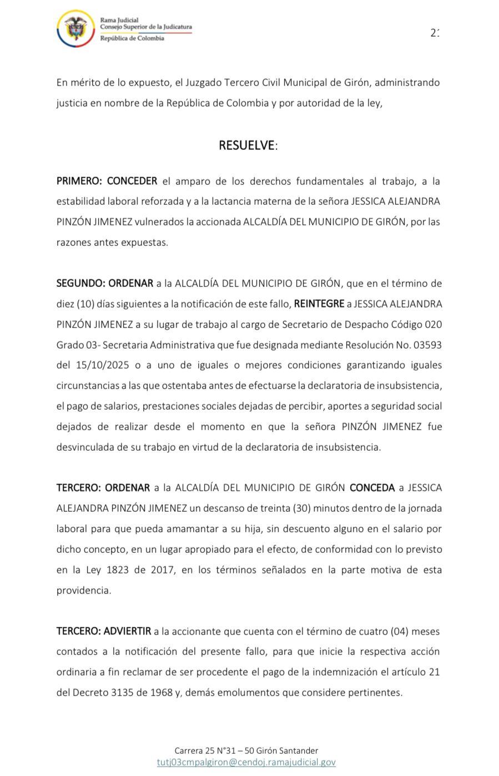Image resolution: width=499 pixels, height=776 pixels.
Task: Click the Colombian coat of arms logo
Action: [76, 29]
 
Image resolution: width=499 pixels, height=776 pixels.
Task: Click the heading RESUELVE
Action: [247, 145]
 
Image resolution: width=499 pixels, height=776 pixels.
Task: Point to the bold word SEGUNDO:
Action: [80, 283]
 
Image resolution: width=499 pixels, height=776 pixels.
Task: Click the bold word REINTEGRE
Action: [318, 304]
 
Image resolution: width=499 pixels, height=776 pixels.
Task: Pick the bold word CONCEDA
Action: [372, 488]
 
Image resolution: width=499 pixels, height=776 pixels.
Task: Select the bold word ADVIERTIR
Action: [127, 631]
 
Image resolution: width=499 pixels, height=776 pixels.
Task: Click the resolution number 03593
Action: [427, 345]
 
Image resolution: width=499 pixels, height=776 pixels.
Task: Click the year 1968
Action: [161, 692]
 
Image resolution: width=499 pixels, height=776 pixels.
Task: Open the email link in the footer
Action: [246, 762]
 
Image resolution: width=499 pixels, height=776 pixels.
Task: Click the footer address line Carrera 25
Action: [246, 750]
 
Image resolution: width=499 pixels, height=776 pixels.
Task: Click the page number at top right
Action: [435, 33]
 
